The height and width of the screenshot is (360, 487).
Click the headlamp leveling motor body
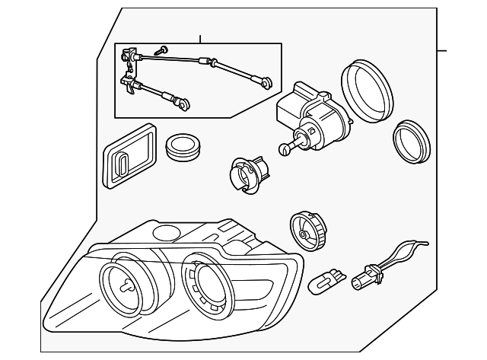pos(307,115)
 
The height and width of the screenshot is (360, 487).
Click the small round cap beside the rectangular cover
pos(182,146)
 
